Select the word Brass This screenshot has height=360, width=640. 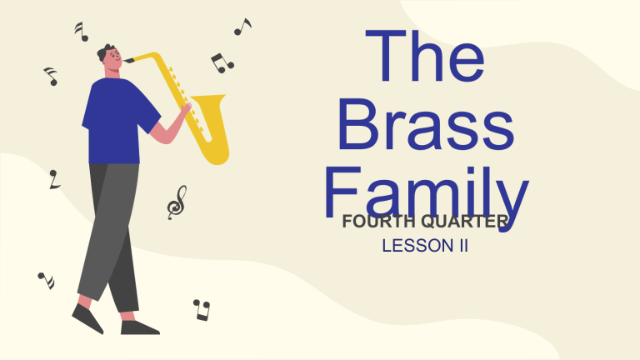pos(427,127)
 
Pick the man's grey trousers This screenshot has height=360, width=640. pos(112,233)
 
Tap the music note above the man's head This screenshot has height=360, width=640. pos(81,32)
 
